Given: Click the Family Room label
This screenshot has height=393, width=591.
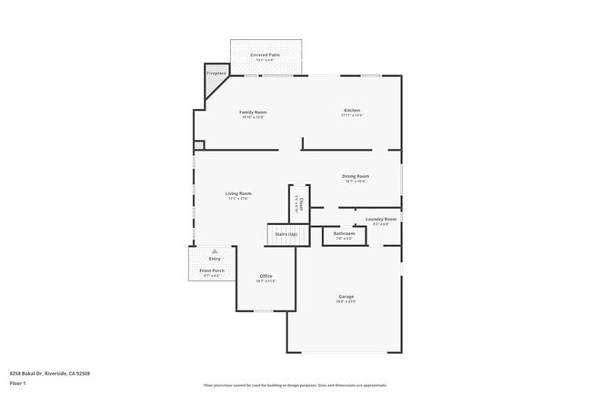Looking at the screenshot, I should click(x=254, y=112).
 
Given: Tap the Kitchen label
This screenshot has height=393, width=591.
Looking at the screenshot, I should click(x=352, y=111).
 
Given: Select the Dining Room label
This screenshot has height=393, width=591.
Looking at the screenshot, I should click(x=356, y=176).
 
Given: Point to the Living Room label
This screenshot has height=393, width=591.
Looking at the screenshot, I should click(x=238, y=193).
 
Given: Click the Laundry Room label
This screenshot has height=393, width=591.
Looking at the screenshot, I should click(x=381, y=219).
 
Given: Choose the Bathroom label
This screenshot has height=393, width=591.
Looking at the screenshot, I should click(x=344, y=233).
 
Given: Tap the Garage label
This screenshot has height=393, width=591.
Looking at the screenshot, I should click(x=346, y=296).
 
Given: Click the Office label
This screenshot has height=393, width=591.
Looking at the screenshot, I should click(x=265, y=276).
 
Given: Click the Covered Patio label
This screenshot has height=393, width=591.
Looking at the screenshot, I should click(x=265, y=54).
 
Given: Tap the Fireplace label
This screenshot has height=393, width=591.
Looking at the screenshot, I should click(x=216, y=73).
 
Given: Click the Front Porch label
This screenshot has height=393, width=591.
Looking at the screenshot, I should click(x=212, y=270).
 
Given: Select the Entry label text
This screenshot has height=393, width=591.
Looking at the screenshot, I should click(x=215, y=259).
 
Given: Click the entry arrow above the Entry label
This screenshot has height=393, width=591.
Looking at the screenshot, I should click(x=215, y=251).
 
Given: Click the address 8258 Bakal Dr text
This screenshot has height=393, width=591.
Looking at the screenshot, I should click(x=49, y=373).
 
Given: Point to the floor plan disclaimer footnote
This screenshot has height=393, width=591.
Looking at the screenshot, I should click(x=295, y=384).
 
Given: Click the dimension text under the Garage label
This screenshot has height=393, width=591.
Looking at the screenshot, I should click(x=346, y=301).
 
